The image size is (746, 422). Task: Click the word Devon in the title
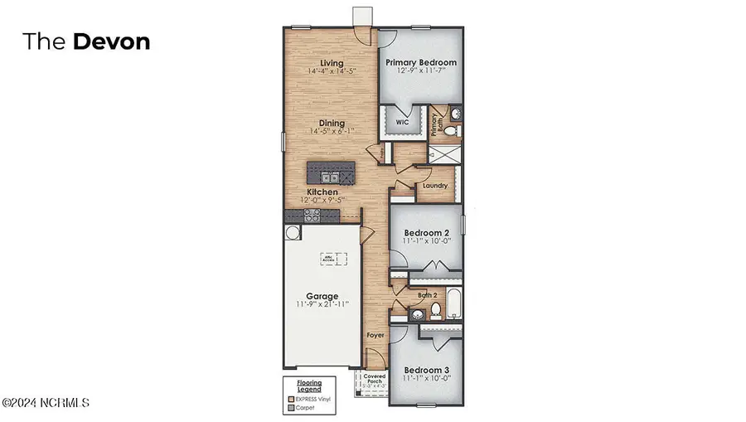[x=112, y=42]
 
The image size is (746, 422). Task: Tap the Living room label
[x=332, y=63]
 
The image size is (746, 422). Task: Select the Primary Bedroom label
[x=420, y=62]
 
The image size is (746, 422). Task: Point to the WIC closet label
[x=402, y=122]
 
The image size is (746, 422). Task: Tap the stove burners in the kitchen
[x=313, y=215]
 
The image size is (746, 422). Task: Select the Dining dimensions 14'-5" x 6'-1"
[x=332, y=131]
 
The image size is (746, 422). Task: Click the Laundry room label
[x=434, y=186]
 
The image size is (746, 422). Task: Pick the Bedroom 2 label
[x=425, y=232]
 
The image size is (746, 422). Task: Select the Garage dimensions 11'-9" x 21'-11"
[x=322, y=304]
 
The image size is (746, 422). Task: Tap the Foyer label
[x=375, y=335]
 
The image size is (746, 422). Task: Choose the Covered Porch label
[x=375, y=379]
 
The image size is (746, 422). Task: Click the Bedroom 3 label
[x=425, y=370]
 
